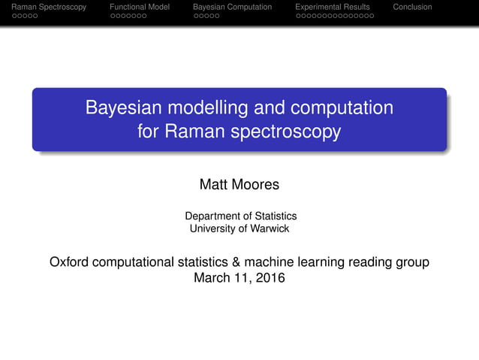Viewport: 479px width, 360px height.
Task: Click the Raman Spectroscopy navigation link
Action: pyautogui.click(x=44, y=7)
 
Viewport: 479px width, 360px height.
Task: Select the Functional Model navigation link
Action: pyautogui.click(x=140, y=7)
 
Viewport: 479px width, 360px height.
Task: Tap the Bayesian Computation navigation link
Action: pyautogui.click(x=232, y=7)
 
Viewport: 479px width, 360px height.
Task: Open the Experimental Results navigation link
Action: pyautogui.click(x=333, y=7)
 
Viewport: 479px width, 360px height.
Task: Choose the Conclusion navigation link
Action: pyautogui.click(x=412, y=7)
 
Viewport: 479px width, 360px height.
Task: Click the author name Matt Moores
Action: pyautogui.click(x=239, y=184)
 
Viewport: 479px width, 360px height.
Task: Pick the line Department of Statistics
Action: pyautogui.click(x=240, y=216)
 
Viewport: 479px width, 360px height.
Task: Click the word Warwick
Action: pyautogui.click(x=270, y=228)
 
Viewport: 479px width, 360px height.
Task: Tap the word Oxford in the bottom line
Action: pyautogui.click(x=72, y=262)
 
